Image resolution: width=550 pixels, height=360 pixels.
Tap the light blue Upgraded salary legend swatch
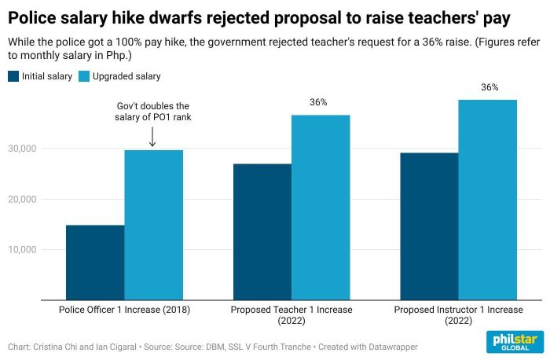tap(86, 76)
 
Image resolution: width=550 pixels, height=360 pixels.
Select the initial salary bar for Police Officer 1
tap(95, 263)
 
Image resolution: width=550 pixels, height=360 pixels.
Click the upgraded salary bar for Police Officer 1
tap(153, 225)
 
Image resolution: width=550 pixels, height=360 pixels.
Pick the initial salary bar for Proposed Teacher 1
tap(262, 232)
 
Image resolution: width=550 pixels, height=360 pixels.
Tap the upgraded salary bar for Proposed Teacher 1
tap(321, 208)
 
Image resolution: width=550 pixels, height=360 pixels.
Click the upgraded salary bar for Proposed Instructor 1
tap(488, 200)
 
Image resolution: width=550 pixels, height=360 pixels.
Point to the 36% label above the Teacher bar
tap(318, 102)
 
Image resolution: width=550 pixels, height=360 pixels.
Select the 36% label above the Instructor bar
tap(489, 87)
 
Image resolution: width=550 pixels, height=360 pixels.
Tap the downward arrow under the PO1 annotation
tap(152, 138)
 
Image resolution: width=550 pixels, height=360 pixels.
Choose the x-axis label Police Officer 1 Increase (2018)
tap(124, 310)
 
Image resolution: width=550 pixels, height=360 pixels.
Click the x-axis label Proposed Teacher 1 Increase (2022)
tap(291, 315)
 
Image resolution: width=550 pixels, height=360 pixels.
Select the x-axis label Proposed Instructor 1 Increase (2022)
tap(458, 315)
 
